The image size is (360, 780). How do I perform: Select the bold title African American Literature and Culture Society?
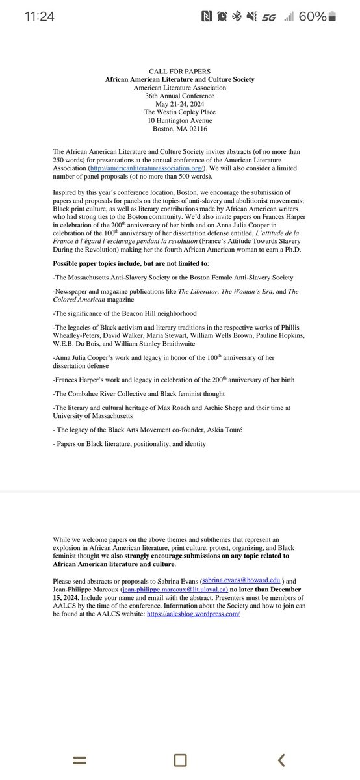click(180, 79)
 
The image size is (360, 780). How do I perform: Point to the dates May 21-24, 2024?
click(180, 103)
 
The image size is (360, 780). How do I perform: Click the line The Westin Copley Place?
click(180, 111)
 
